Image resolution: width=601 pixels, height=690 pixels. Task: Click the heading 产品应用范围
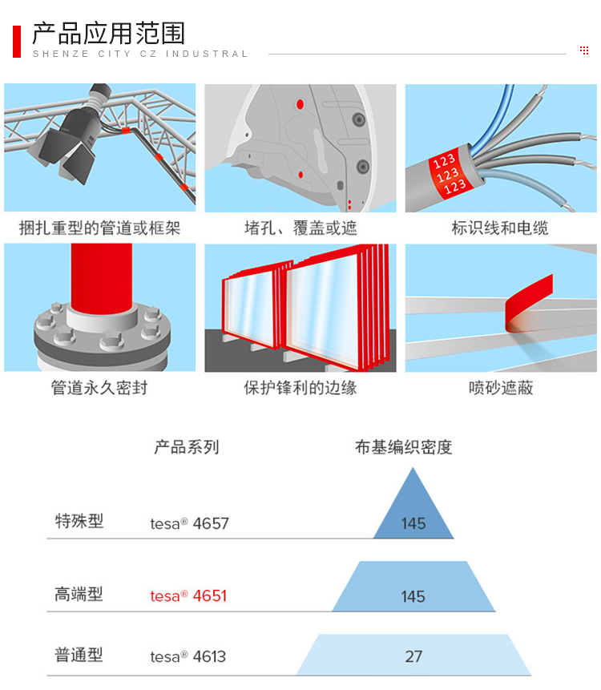click(108, 33)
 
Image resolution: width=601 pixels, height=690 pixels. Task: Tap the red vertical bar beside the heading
click(17, 42)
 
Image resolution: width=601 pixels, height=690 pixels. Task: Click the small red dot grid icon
click(584, 50)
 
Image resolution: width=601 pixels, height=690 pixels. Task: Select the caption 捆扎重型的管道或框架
click(99, 228)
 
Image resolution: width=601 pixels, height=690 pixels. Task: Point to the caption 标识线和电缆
click(500, 228)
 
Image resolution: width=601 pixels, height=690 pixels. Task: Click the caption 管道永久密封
click(99, 388)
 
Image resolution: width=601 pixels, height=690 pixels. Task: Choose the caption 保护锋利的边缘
click(300, 388)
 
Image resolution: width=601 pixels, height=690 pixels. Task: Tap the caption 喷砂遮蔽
click(501, 388)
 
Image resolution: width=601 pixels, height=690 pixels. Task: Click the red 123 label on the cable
click(449, 174)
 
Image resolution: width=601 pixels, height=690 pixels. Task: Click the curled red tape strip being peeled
click(528, 305)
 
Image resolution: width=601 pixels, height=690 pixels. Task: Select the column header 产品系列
click(187, 447)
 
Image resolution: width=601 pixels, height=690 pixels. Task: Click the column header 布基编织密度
click(403, 447)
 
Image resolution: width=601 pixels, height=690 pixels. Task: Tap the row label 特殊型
click(79, 521)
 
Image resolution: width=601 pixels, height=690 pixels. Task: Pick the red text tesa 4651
click(188, 595)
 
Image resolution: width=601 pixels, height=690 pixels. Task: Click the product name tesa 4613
click(188, 656)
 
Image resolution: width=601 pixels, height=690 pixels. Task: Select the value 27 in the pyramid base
click(413, 656)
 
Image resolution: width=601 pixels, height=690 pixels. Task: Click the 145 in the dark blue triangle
click(413, 523)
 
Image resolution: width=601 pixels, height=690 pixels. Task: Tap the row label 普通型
click(79, 655)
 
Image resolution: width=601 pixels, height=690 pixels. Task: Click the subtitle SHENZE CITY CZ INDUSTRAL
click(140, 54)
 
